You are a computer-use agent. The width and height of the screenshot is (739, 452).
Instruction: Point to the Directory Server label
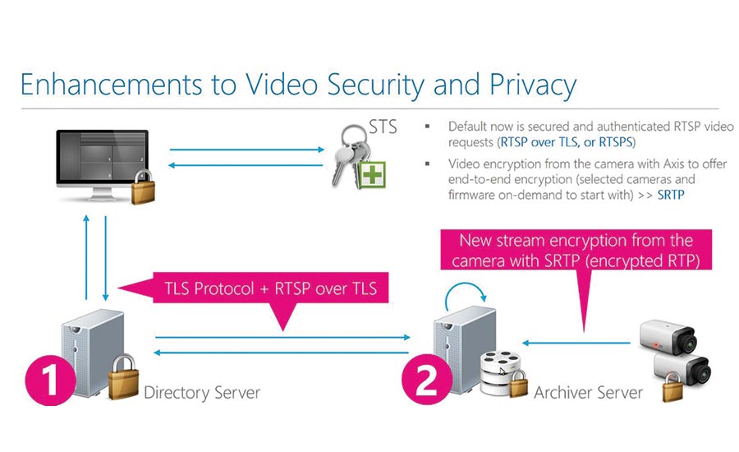(x=202, y=392)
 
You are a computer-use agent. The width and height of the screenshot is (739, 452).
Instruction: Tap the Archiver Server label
(x=588, y=392)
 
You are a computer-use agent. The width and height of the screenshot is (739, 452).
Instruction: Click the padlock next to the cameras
(x=672, y=385)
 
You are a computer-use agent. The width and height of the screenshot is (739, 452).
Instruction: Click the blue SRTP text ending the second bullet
(x=671, y=195)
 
